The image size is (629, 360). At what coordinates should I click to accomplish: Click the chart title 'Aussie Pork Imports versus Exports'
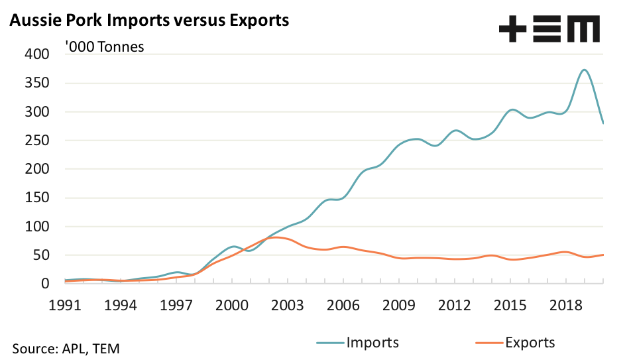point(148,21)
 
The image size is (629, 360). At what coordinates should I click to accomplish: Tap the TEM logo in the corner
point(549,29)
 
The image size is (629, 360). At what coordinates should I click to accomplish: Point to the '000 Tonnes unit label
point(104,47)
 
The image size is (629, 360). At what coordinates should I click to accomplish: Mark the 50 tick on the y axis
point(42,255)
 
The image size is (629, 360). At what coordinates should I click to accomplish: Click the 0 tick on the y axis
point(46,283)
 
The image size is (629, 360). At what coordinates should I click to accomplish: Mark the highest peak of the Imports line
point(584,70)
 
